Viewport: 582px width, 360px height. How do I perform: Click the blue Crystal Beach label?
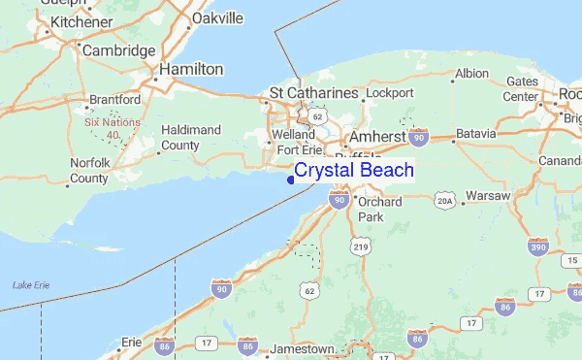click(354, 171)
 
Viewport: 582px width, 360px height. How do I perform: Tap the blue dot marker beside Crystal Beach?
click(291, 179)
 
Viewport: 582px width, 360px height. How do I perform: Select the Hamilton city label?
click(191, 70)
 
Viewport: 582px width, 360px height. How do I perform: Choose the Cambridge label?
click(118, 49)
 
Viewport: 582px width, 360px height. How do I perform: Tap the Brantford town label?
click(114, 100)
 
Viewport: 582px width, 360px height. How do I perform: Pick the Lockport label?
click(389, 93)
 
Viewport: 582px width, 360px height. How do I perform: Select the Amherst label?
click(382, 138)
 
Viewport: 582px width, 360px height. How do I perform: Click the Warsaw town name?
click(487, 195)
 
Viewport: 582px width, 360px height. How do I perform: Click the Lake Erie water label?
click(31, 284)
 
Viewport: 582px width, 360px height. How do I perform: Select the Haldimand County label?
click(191, 137)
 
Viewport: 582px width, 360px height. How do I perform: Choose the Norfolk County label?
click(89, 171)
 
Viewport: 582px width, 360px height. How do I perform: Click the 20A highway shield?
click(444, 199)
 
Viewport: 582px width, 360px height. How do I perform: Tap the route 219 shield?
click(361, 247)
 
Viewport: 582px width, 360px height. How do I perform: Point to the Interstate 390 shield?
click(539, 247)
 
